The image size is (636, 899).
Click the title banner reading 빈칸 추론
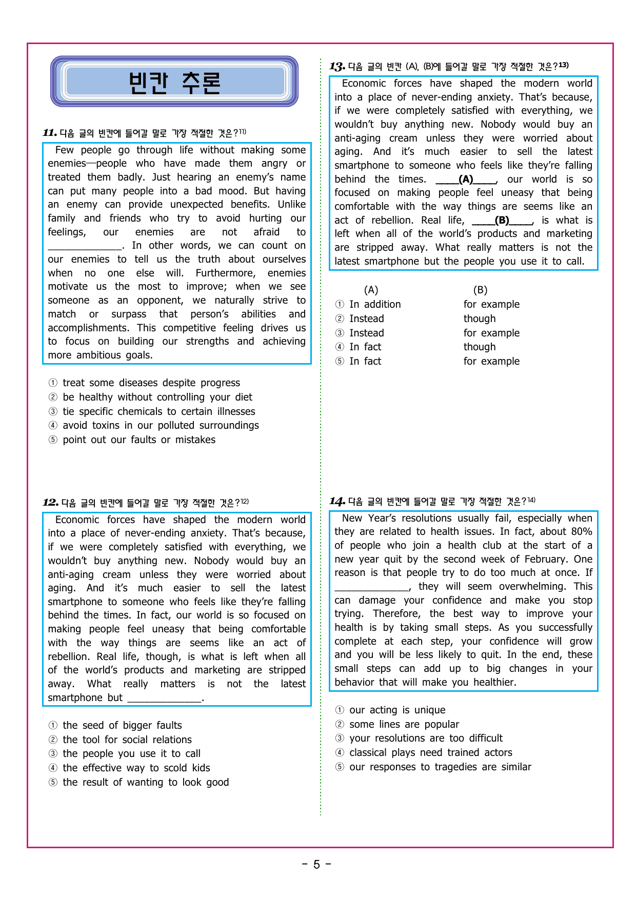(174, 82)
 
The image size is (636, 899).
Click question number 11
(50, 133)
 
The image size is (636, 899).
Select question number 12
(50, 503)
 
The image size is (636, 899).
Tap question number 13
(337, 67)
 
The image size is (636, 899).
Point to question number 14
(337, 501)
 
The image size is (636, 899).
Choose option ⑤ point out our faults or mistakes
(138, 439)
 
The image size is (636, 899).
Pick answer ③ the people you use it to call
(131, 753)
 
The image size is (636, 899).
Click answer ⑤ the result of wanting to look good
(145, 782)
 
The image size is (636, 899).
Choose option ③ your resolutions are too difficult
(425, 738)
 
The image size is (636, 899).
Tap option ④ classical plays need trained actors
(430, 752)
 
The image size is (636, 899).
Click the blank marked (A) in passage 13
(466, 179)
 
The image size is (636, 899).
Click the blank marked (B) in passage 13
(502, 221)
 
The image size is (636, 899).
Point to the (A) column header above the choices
(371, 290)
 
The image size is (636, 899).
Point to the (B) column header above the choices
(480, 290)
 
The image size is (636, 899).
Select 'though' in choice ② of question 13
(480, 318)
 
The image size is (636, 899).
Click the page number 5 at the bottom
(316, 865)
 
